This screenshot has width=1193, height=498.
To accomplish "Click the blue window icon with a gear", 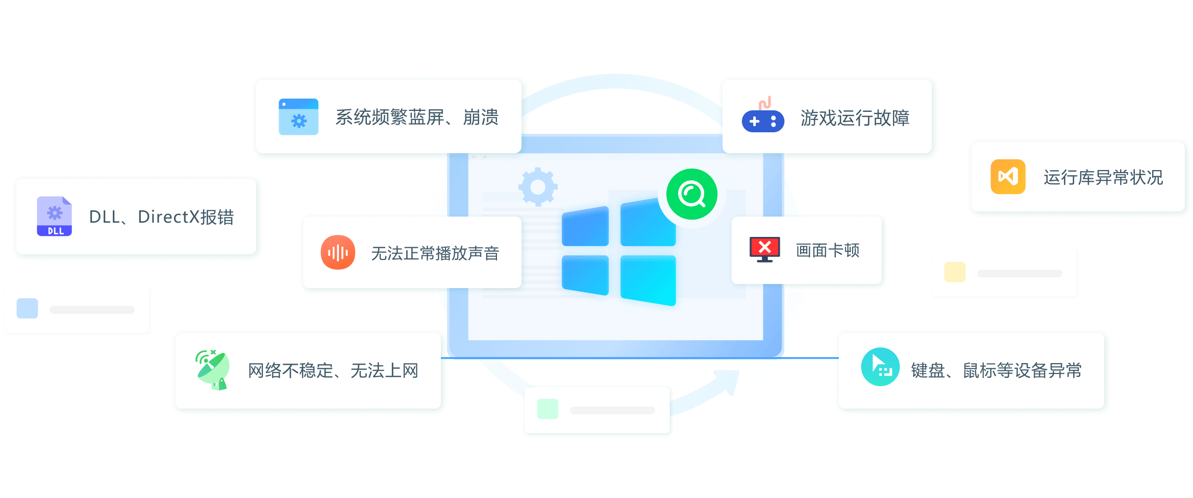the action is pos(299,117).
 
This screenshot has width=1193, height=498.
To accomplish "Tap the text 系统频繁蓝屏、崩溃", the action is pos(417,117).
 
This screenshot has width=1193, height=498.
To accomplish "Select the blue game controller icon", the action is pos(763,116).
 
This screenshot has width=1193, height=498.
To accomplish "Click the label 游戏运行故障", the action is pos(855,118).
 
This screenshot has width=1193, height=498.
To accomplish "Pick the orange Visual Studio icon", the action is pos(1008,177).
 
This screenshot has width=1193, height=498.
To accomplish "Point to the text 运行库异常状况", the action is pos(1103,177).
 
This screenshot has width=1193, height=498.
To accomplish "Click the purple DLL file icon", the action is pos(55,216).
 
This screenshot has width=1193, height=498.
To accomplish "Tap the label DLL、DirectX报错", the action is pos(161,217).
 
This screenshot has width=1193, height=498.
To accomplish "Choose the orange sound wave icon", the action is pos(338,252).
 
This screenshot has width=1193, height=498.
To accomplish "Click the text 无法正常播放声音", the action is pos(435,253).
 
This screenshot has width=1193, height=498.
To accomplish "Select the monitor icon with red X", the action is pos(764,250).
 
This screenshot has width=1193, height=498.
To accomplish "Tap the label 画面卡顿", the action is pos(828,250).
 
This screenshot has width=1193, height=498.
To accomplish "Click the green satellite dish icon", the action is pos(213,370).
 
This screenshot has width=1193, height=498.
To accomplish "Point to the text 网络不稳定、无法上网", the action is pos(333,371).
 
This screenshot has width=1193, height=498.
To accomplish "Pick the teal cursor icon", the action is pos(880,367).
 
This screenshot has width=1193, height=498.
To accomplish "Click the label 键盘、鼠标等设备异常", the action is pos(997,370).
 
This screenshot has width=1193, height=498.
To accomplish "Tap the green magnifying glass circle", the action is pos(692,194).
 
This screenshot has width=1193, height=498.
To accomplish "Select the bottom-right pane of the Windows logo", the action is pos(648,280).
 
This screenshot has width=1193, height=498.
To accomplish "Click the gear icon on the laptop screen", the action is pos(538,187).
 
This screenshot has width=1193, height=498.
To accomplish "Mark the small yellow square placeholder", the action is pos(955,272).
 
